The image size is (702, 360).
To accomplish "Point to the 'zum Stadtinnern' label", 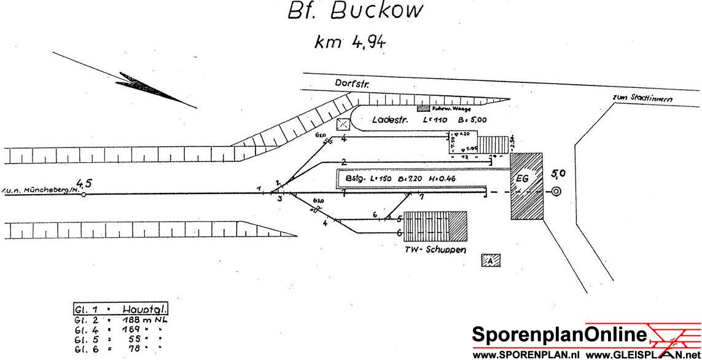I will click(x=642, y=98).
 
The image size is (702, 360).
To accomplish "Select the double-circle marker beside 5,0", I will click(x=556, y=191).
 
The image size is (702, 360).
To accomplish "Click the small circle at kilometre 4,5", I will click(x=84, y=195).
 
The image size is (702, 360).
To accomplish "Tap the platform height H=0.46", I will click(x=445, y=179).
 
